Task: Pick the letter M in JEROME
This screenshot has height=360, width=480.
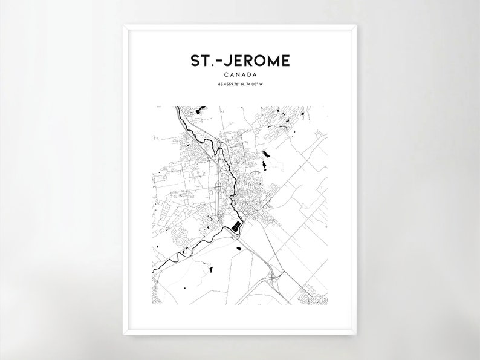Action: click(273, 61)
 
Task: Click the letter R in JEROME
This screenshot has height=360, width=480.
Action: click(248, 61)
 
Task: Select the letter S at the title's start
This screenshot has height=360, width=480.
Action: click(194, 61)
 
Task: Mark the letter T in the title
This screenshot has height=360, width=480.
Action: click(204, 61)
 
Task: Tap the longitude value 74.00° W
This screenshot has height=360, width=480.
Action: click(257, 84)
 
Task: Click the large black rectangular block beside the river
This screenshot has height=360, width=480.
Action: click(235, 227)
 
